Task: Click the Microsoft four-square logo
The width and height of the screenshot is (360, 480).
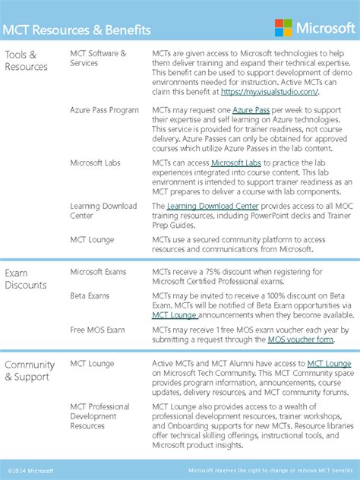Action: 283,28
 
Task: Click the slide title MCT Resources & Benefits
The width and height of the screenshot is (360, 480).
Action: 77,30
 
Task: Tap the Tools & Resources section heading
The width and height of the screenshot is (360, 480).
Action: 26,60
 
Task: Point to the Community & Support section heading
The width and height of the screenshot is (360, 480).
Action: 30,371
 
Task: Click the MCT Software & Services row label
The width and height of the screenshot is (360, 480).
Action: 98,58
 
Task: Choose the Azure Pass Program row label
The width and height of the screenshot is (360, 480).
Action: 104,110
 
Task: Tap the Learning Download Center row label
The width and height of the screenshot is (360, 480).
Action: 103,210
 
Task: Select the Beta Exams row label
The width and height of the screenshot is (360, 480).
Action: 90,295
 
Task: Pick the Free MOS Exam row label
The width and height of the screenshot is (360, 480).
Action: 97,330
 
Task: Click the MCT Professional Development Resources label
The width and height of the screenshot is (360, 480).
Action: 99,416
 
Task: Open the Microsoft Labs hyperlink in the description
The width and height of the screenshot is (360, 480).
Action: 235,163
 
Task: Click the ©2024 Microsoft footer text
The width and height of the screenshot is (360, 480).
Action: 30,471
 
